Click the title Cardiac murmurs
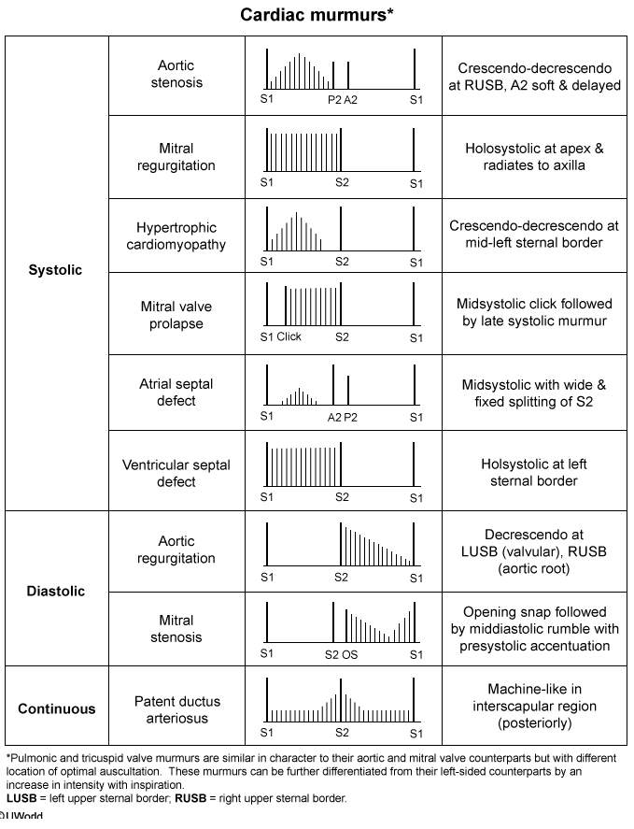click(x=316, y=15)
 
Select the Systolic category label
click(x=55, y=270)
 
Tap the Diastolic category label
click(x=55, y=591)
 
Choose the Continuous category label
click(x=56, y=708)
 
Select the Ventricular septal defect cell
click(x=176, y=473)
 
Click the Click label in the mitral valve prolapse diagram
click(x=289, y=337)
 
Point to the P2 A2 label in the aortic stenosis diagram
click(x=342, y=98)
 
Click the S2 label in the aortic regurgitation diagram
click(x=342, y=577)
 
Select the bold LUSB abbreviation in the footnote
click(x=22, y=799)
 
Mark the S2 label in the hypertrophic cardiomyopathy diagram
click(x=342, y=262)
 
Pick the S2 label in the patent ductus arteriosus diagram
click(x=342, y=733)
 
